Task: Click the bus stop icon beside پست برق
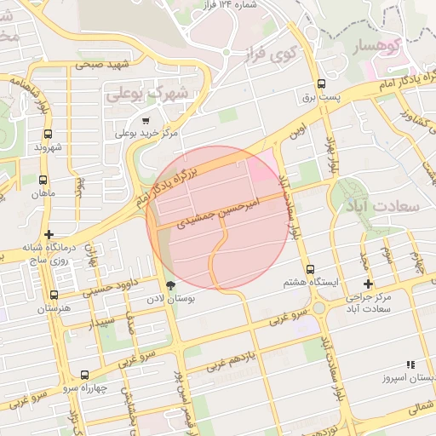pos(321,84)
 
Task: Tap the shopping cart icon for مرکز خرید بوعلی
pos(146,121)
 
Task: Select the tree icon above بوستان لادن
pos(171,285)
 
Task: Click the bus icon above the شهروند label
pos(48,134)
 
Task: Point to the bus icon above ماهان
pos(42,180)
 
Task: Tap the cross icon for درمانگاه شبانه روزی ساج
pos(49,234)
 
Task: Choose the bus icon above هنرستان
pos(54,295)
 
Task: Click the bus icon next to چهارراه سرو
pos(84,375)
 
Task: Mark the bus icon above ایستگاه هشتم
pos(309,269)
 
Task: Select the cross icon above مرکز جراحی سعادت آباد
pos(368,284)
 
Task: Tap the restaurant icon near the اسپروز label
pos(410,364)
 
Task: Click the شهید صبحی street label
pos(100,63)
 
